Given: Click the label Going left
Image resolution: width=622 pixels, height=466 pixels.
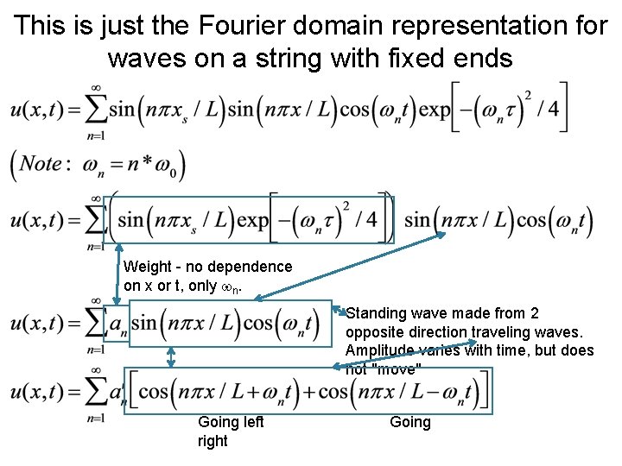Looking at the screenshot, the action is pyautogui.click(x=231, y=422).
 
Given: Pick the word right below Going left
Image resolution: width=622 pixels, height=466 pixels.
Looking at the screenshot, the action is pyautogui.click(x=213, y=441).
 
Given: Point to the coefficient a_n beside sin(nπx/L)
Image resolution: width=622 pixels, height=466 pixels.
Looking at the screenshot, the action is pyautogui.click(x=118, y=324).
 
